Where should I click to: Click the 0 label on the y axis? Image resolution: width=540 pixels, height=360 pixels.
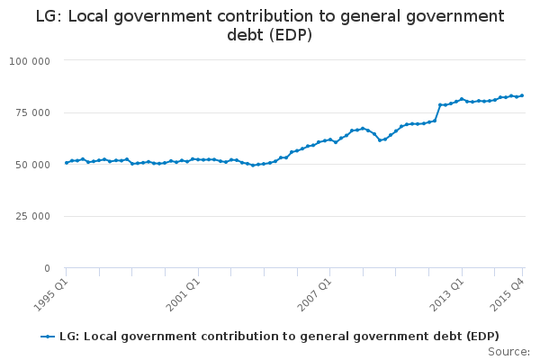(x=48, y=268)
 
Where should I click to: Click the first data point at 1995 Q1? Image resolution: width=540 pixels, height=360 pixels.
(x=67, y=163)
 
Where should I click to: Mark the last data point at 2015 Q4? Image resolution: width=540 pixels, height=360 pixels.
(x=522, y=95)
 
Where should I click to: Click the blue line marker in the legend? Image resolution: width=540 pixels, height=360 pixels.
(x=49, y=337)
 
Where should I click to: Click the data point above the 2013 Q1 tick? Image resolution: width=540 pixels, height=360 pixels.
(x=462, y=99)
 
